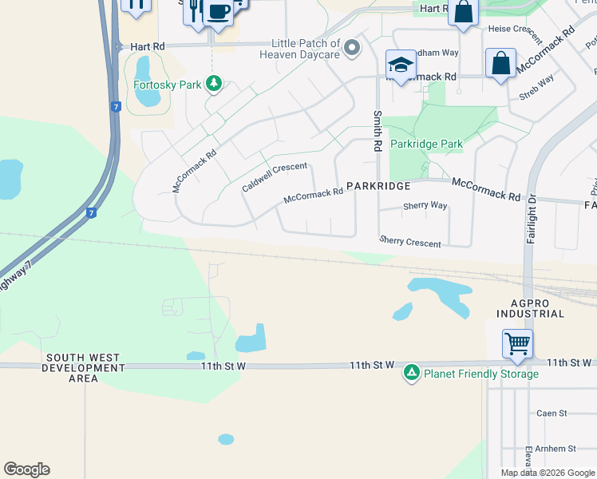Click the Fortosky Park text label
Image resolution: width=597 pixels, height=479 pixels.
point(167,84)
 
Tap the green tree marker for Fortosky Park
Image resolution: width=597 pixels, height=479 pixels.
point(213,83)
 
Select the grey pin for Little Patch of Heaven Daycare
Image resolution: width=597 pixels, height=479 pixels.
point(352,49)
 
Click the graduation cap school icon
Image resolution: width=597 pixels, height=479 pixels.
point(401,65)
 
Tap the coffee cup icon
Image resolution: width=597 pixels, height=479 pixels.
point(218,12)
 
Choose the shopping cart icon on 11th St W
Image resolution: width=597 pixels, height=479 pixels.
point(517,344)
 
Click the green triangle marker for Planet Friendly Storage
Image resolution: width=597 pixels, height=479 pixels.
point(411,372)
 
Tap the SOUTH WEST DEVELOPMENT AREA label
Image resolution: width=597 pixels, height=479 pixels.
point(83,368)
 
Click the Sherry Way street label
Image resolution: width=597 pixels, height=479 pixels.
point(425,205)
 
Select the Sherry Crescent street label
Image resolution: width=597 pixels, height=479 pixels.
point(409,241)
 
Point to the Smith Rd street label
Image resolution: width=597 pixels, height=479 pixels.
point(377,132)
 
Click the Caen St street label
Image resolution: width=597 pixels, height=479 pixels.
point(552,414)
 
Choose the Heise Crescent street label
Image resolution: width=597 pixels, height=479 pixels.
point(516,29)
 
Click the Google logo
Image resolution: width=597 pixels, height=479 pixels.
point(26,469)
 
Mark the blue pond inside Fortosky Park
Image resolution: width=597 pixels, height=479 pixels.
point(146,82)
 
